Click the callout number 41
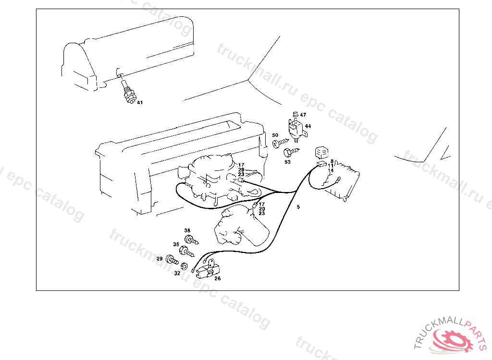(140, 102)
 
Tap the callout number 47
(303, 115)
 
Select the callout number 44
(307, 126)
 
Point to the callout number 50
(275, 135)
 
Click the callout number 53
(287, 162)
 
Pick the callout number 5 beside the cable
(298, 207)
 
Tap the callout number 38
(187, 230)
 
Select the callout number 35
(176, 244)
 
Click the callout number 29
(160, 259)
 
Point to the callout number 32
(177, 273)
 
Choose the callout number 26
(218, 278)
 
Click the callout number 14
(331, 170)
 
